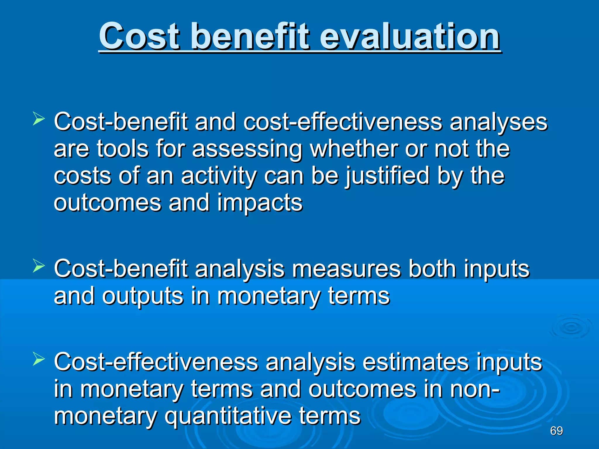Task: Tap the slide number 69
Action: coord(556,431)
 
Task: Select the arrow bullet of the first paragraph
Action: coord(39,119)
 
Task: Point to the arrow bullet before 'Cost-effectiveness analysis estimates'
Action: coord(39,359)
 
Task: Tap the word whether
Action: coord(353,149)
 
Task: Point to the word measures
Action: coord(346,269)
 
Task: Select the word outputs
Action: coord(143,296)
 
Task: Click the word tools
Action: coord(122,149)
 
